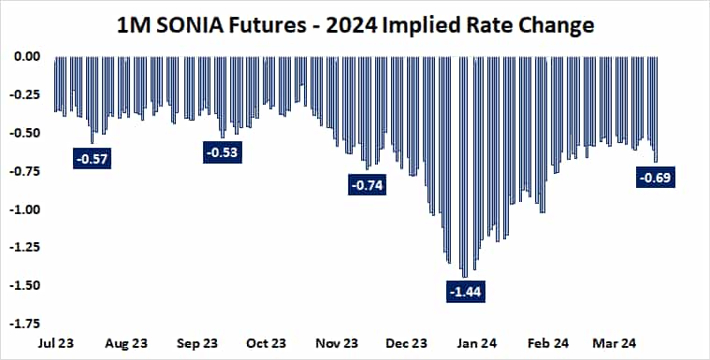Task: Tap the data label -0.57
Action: pos(91,159)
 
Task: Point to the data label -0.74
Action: pos(366,185)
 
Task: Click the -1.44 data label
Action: pos(467,293)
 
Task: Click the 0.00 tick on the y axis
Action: pos(25,56)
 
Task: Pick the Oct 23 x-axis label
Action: pos(267,343)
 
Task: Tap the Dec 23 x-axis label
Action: pos(407,343)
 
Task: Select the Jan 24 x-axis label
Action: pos(477,343)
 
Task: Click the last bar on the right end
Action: pos(656,108)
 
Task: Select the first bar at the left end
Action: pos(55,84)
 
